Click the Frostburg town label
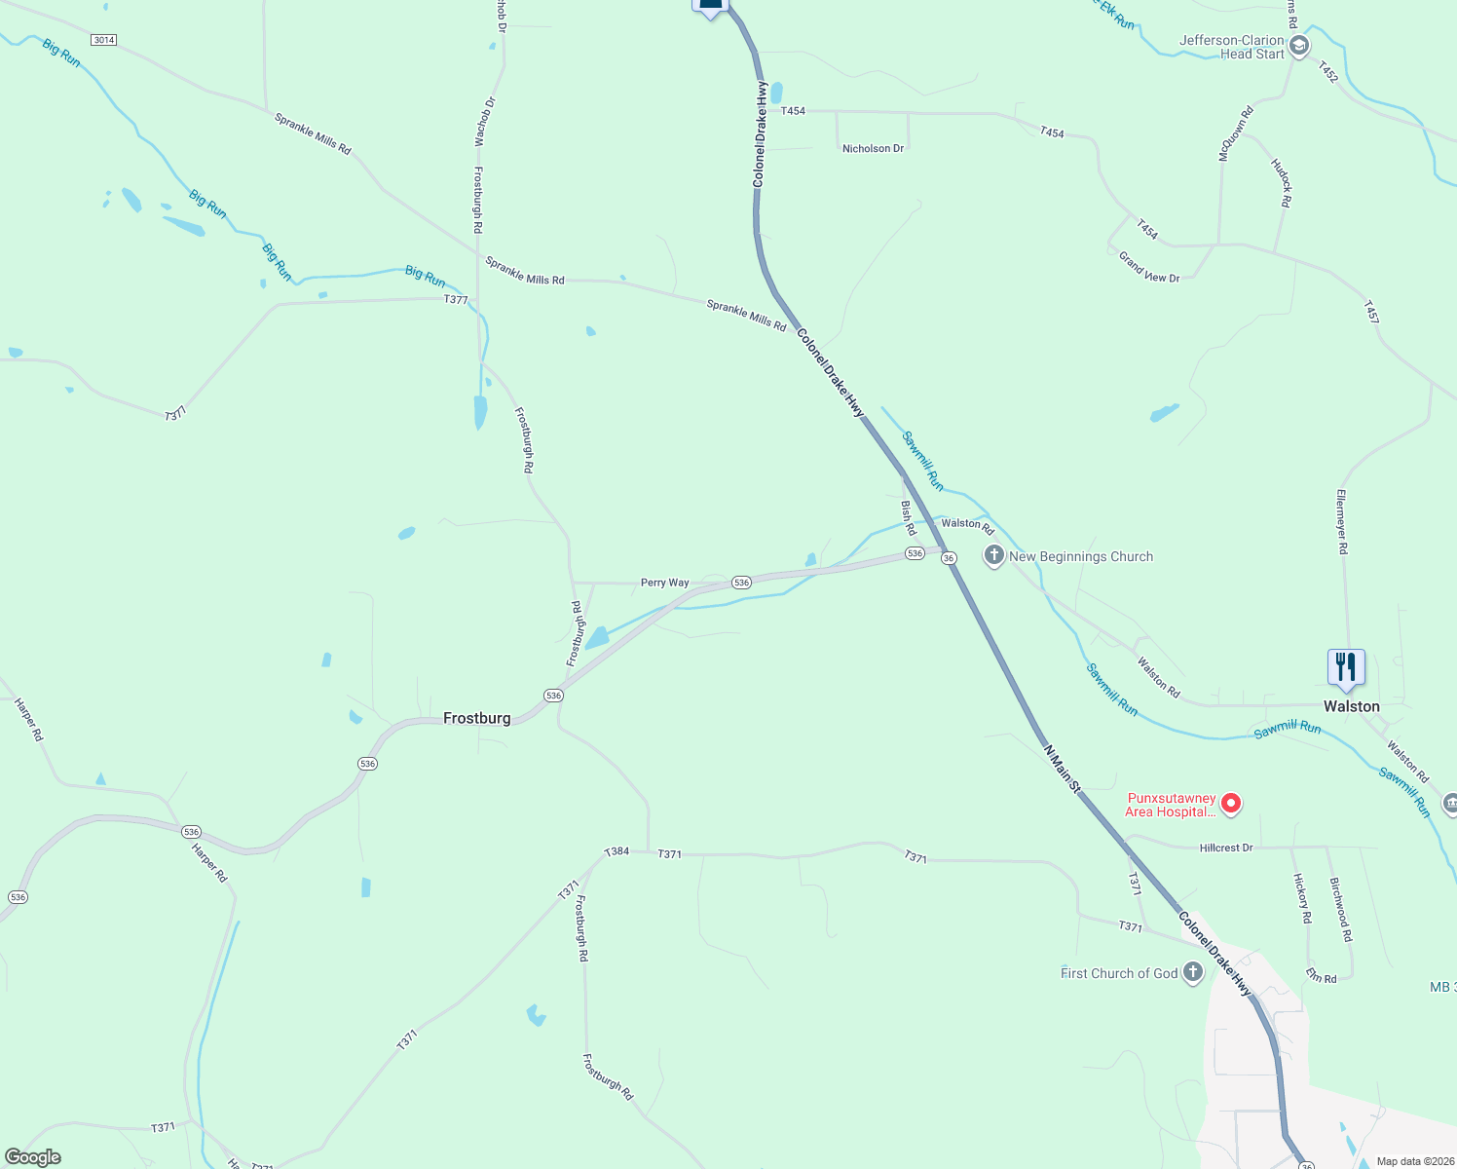click(x=476, y=718)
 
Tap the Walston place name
click(x=1351, y=706)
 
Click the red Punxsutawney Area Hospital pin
click(x=1231, y=803)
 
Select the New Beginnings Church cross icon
click(x=993, y=556)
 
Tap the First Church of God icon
click(x=1193, y=972)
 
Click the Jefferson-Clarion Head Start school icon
click(x=1298, y=46)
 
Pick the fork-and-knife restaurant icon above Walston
click(x=1346, y=667)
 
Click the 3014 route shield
click(x=103, y=40)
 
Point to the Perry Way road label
click(x=664, y=583)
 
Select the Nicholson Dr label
click(x=873, y=149)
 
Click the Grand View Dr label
click(x=1148, y=267)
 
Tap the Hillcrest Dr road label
click(x=1226, y=848)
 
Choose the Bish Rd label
click(x=908, y=517)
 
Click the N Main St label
click(x=1062, y=769)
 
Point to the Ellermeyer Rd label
click(x=1341, y=522)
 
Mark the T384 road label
click(x=616, y=851)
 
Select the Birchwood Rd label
click(x=1340, y=909)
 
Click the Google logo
click(x=33, y=1157)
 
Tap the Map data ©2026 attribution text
click(x=1411, y=1161)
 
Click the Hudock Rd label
click(x=1281, y=182)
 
